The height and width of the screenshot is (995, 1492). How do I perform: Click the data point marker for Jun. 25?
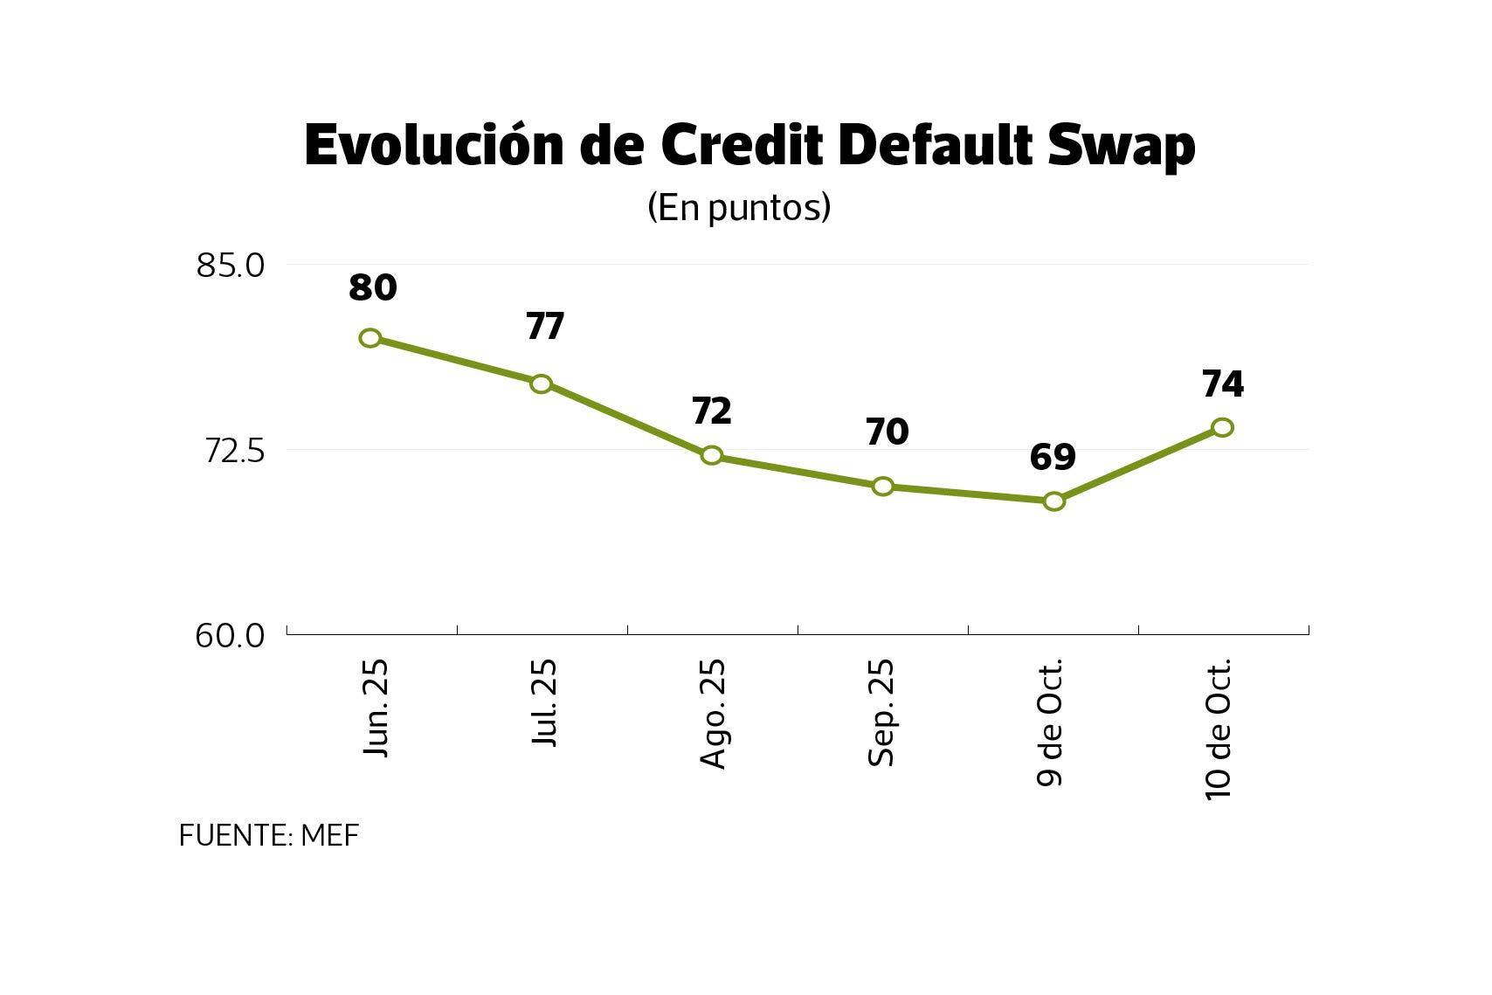pyautogui.click(x=370, y=338)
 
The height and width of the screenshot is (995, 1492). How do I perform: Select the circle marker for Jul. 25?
pyautogui.click(x=542, y=383)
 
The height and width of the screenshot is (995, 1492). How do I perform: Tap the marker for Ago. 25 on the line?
pyautogui.click(x=712, y=455)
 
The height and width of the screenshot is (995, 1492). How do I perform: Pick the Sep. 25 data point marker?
pyautogui.click(x=883, y=487)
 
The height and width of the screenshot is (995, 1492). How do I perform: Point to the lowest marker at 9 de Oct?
pyautogui.click(x=1054, y=501)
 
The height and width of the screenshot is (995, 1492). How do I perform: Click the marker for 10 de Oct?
pyautogui.click(x=1223, y=427)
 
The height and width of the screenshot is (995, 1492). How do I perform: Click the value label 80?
pyautogui.click(x=373, y=287)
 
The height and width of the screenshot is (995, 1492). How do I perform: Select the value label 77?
pyautogui.click(x=545, y=326)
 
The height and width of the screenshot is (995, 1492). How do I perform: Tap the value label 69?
pyautogui.click(x=1053, y=457)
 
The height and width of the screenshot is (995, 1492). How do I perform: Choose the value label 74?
pyautogui.click(x=1223, y=383)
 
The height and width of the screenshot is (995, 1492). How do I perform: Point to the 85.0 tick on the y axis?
pyautogui.click(x=230, y=265)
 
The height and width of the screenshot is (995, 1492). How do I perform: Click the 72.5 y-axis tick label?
pyautogui.click(x=233, y=451)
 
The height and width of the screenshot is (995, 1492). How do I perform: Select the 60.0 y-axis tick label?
pyautogui.click(x=230, y=636)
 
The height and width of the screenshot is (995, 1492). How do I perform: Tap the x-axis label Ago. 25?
pyautogui.click(x=714, y=713)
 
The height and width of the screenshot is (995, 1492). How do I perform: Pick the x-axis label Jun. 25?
pyautogui.click(x=376, y=708)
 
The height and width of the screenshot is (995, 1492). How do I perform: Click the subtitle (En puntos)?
pyautogui.click(x=738, y=207)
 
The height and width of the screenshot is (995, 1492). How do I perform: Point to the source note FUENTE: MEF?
pyautogui.click(x=269, y=836)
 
